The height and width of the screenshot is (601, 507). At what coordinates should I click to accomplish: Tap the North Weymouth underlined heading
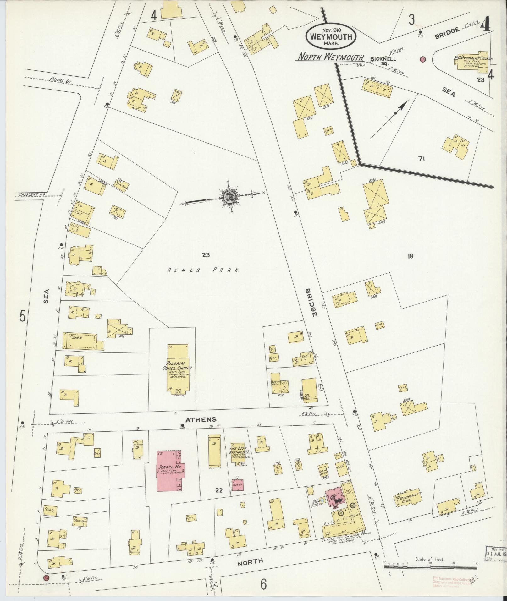coord(331,57)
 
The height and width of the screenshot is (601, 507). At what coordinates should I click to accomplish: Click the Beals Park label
coord(203,270)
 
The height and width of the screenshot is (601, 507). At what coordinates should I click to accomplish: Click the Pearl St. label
coord(61,81)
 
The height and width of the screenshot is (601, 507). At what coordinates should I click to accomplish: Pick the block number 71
coord(422,159)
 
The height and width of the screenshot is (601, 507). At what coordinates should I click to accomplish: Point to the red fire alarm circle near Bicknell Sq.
coord(423,59)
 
